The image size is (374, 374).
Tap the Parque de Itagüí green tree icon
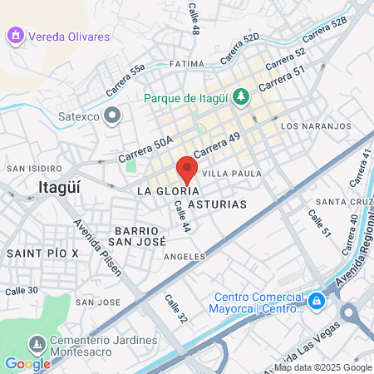pos(241,97)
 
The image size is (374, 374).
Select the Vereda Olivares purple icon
pos(14,36)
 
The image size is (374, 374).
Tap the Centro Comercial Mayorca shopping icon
pos(316,300)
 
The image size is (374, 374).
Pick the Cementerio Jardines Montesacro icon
pos(36,343)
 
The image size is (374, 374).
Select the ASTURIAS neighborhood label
pos(217,204)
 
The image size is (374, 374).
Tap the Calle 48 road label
pos(195,17)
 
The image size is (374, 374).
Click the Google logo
pos(27,363)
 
